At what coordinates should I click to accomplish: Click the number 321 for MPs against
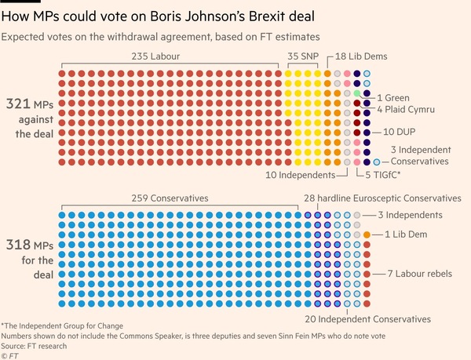(x=18, y=104)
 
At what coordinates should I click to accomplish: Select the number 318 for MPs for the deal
(x=18, y=244)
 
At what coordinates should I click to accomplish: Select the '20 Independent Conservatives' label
(x=369, y=319)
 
